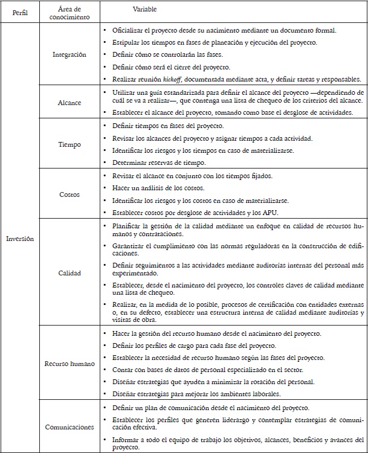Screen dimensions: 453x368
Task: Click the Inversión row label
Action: pyautogui.click(x=19, y=239)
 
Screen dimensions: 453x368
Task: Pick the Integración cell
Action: pyautogui.click(x=68, y=54)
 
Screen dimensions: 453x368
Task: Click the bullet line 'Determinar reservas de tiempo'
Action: pyautogui.click(x=158, y=162)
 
